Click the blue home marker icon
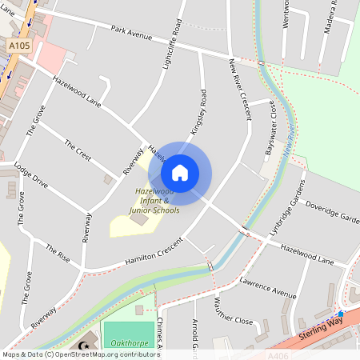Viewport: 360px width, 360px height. click(180, 172)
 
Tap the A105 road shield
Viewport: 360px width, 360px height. click(20, 47)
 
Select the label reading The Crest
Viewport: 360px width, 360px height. click(78, 150)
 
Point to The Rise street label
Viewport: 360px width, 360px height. click(58, 254)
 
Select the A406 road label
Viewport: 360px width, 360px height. click(279, 354)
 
